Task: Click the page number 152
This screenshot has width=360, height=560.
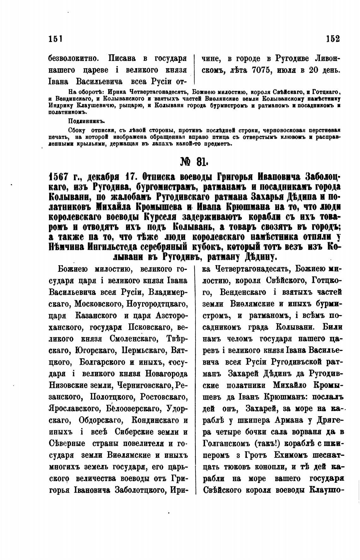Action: coord(333,39)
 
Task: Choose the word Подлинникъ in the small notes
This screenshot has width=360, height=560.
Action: coord(86,121)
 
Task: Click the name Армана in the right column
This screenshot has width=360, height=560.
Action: coord(283,420)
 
